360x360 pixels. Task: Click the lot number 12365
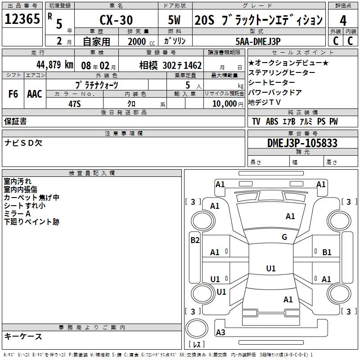pyautogui.click(x=22, y=20)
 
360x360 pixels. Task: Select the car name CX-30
pyautogui.click(x=115, y=20)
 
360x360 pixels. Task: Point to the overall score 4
pyautogui.click(x=343, y=20)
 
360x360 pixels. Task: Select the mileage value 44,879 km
pyautogui.click(x=54, y=65)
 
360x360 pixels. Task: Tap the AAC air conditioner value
pyautogui.click(x=34, y=94)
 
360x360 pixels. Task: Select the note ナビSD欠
pyautogui.click(x=23, y=143)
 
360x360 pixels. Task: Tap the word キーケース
pyautogui.click(x=23, y=337)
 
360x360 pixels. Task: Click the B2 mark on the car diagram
pyautogui.click(x=195, y=240)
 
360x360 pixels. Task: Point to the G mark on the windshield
pyautogui.click(x=284, y=237)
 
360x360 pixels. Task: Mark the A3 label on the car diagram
pyautogui.click(x=220, y=333)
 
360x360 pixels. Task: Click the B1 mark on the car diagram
pyautogui.click(x=327, y=252)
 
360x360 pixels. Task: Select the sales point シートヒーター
pyautogui.click(x=272, y=82)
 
